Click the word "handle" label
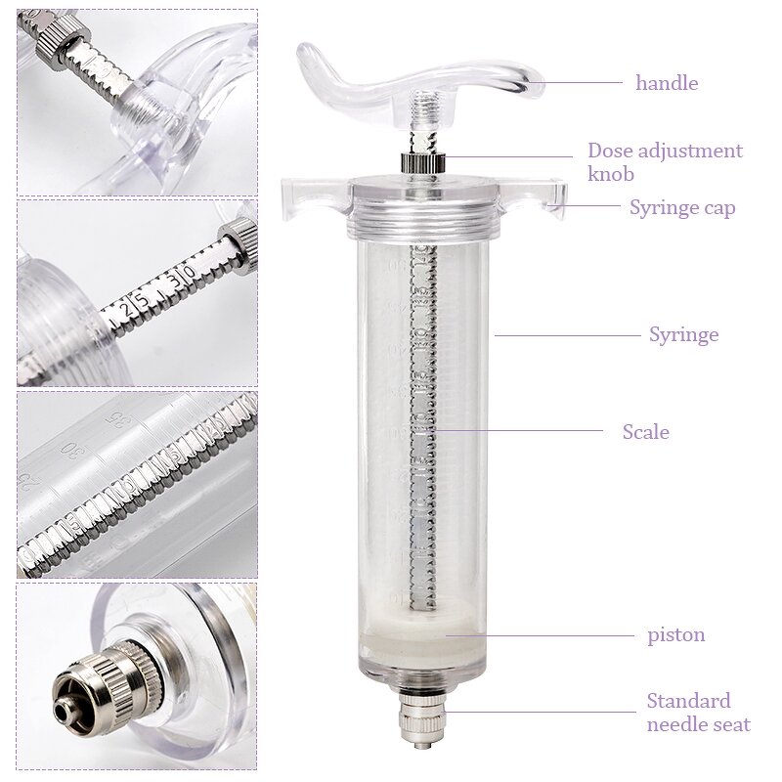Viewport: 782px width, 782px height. [666, 83]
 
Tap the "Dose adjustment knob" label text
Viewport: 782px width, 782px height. [665, 162]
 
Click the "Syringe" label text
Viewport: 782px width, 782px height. [683, 334]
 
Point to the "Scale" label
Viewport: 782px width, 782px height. [645, 431]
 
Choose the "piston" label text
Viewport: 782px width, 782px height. [675, 634]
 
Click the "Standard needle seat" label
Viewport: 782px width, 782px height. [698, 713]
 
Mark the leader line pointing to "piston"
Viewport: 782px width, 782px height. [547, 634]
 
